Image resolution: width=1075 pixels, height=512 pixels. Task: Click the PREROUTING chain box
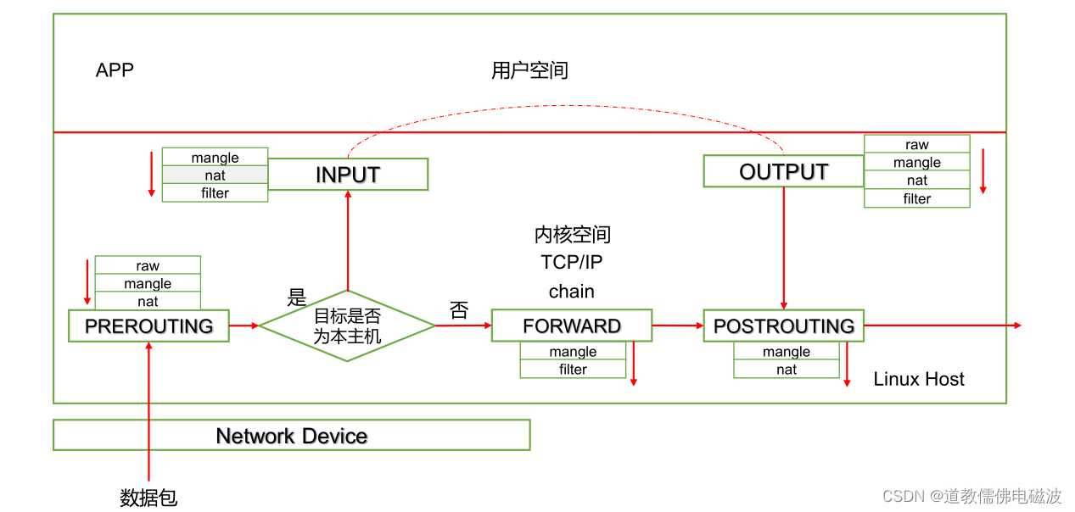click(x=148, y=326)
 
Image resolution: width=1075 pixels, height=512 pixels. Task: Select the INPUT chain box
click(x=347, y=175)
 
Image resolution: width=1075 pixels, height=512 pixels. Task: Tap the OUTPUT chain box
click(x=783, y=171)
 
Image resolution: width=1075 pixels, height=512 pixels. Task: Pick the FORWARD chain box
click(x=572, y=326)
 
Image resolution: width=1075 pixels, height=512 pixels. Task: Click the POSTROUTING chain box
click(x=783, y=326)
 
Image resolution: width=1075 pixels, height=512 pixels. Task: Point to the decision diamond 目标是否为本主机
click(x=347, y=326)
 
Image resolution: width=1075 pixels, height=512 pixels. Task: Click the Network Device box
click(x=291, y=436)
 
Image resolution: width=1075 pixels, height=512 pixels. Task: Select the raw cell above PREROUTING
click(x=148, y=265)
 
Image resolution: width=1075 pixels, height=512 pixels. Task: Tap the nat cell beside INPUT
click(x=215, y=175)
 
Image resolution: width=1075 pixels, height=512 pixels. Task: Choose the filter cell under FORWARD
click(x=573, y=370)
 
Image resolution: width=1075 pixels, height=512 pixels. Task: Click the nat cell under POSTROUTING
click(x=787, y=370)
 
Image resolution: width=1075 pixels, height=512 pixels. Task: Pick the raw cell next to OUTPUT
click(x=916, y=144)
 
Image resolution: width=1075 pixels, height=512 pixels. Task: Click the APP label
click(x=115, y=70)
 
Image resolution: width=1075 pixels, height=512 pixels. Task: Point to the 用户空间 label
click(x=529, y=70)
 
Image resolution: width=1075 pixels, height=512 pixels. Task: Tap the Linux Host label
click(x=919, y=379)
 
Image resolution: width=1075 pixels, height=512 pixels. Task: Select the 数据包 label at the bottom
click(x=148, y=498)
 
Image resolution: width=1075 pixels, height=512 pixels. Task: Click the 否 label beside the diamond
click(x=459, y=310)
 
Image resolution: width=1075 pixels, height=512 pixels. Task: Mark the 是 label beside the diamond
click(x=297, y=298)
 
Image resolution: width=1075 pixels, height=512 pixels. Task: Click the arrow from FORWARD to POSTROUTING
click(x=677, y=326)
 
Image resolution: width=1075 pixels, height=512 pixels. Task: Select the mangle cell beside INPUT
click(x=215, y=158)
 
